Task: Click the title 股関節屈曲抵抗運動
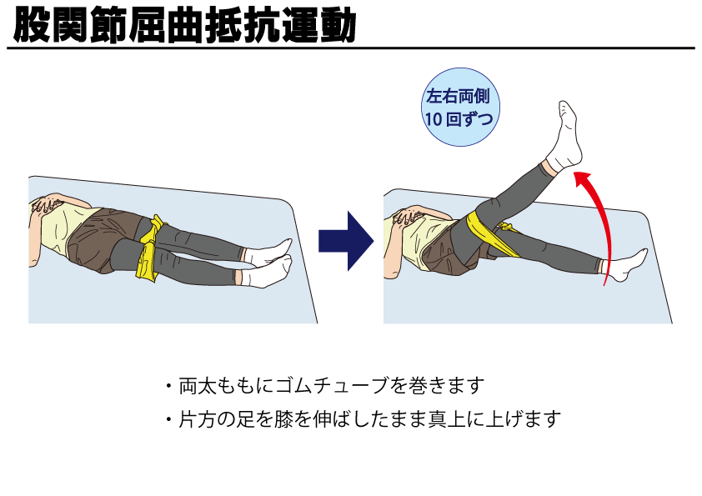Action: pyautogui.click(x=184, y=26)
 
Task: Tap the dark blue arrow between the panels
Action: pyautogui.click(x=346, y=241)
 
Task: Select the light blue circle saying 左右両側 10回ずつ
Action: pyautogui.click(x=460, y=107)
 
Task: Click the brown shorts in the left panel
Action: pyautogui.click(x=104, y=238)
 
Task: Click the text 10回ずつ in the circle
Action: pyautogui.click(x=459, y=119)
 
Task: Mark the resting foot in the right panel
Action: pyautogui.click(x=624, y=265)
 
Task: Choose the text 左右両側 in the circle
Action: pyautogui.click(x=458, y=96)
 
